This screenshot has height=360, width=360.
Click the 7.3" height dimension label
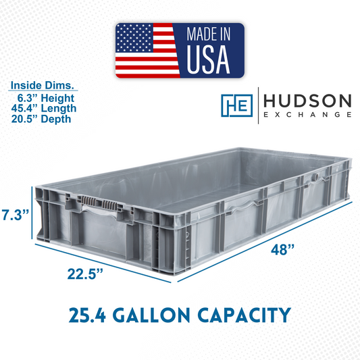(16, 215)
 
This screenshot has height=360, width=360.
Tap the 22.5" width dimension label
(85, 274)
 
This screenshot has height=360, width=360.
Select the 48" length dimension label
(282, 249)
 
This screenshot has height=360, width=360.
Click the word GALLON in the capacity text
(152, 315)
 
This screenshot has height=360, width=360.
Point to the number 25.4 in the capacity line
(87, 315)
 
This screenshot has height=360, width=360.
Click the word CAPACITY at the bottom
(245, 315)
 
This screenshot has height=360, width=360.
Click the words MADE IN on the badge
(209, 34)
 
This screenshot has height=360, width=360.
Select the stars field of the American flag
(134, 38)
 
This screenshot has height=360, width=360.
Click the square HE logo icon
(236, 105)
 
